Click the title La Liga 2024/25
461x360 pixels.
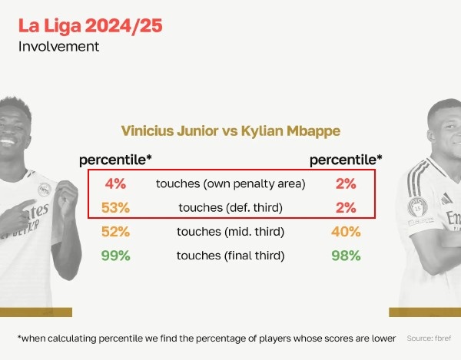pos(90,26)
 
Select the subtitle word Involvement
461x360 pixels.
pos(59,47)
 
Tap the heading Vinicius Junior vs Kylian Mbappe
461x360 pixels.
pos(230,131)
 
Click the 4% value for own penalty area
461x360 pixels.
pos(115,183)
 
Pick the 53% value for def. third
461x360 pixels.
pos(115,207)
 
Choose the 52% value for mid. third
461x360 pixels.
pos(115,232)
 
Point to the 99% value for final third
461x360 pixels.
pos(115,256)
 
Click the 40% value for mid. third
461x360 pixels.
pos(346,232)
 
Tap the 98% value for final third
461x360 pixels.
pos(346,256)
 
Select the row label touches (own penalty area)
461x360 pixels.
pos(230,183)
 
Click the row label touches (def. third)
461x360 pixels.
pos(230,207)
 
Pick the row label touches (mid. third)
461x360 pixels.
pos(230,232)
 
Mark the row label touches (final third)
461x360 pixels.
pos(230,256)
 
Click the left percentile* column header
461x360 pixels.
pos(115,160)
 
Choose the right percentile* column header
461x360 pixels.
pos(346,160)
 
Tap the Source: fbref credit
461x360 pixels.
pos(429,339)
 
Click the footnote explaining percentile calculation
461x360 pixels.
pos(207,339)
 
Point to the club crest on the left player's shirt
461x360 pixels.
pos(45,190)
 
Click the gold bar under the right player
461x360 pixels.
pos(425,312)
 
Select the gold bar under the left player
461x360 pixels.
pos(36,312)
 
